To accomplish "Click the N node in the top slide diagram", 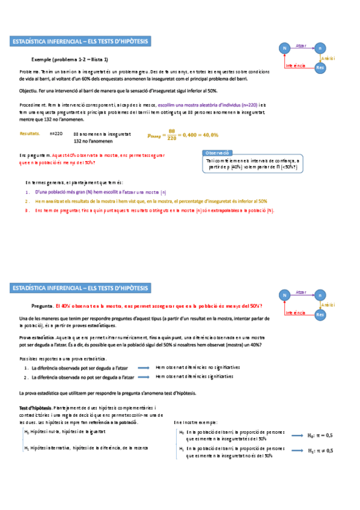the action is [x=283, y=48].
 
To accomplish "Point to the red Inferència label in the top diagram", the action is [x=296, y=65].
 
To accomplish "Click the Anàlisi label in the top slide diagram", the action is [x=328, y=58].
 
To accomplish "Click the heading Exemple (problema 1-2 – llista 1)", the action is [x=70, y=60].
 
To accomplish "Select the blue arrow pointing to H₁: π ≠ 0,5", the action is [x=297, y=450].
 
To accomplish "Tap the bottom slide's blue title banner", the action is [x=81, y=289].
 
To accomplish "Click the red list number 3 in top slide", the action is [x=27, y=210].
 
